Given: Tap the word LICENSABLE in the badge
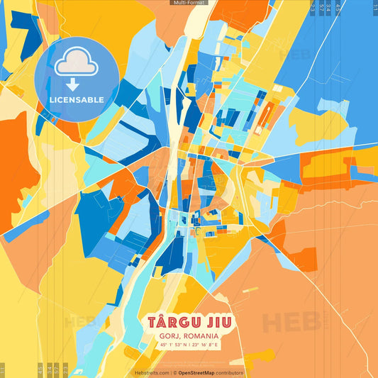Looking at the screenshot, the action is (76, 99).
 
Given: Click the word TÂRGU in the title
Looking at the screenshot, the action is (171, 322).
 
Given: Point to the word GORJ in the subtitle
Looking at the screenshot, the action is (170, 335).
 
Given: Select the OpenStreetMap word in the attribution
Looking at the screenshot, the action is (197, 372).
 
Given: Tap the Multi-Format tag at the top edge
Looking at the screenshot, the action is (189, 3).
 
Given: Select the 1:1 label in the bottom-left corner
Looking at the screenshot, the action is (3, 369).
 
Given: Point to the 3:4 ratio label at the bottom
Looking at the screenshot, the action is (50, 369).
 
